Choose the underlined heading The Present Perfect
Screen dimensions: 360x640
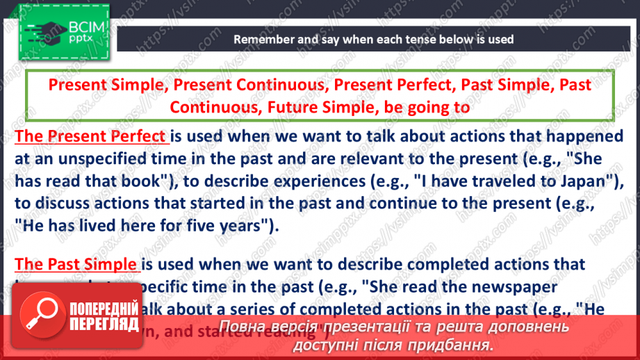coord(91,136)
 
